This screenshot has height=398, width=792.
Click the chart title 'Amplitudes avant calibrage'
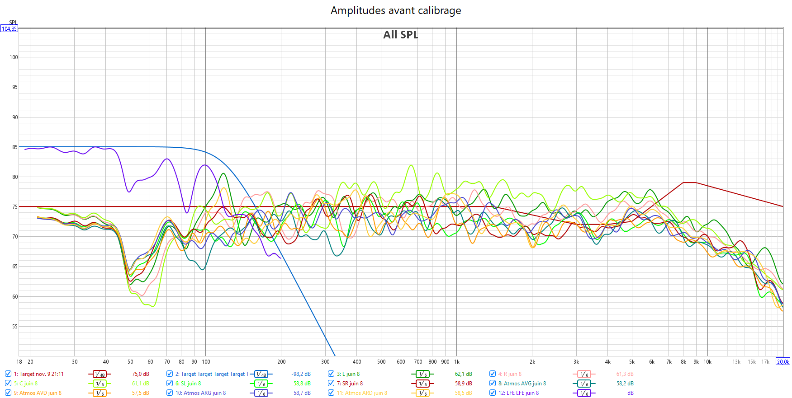tap(396, 10)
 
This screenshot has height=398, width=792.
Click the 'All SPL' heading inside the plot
tap(400, 35)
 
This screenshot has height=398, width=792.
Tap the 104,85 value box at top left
tap(9, 29)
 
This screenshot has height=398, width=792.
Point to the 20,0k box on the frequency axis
tap(783, 361)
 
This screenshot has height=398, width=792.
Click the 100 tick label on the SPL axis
tap(14, 57)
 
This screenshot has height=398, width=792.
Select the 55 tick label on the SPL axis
tap(15, 327)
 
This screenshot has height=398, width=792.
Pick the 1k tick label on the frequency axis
tap(457, 362)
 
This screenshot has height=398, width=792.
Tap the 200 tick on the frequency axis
tap(281, 362)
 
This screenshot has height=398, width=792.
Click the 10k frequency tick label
tap(707, 362)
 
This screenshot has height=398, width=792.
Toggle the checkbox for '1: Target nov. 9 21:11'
tap(8, 374)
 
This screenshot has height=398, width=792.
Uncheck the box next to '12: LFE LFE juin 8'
tap(493, 393)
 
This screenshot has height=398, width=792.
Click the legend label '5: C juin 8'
tap(26, 384)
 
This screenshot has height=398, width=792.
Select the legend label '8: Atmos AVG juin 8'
tap(522, 384)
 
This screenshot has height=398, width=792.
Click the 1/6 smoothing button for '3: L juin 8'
tap(422, 374)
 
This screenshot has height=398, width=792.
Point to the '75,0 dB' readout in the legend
tap(140, 374)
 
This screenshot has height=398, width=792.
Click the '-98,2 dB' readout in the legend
tap(301, 374)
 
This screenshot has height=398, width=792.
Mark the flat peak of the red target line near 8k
tap(689, 183)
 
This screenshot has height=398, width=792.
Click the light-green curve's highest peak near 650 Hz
tap(411, 165)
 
